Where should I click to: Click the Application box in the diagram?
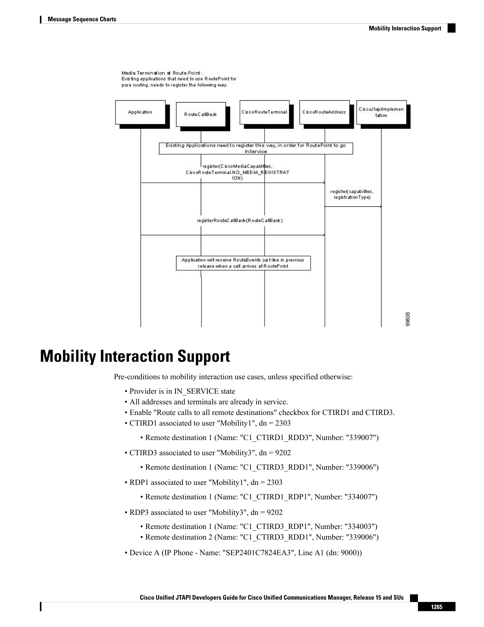point(140,112)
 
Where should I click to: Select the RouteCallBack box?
point(201,114)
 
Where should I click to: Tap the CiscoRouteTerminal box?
point(264,112)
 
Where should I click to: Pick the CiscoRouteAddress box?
point(324,112)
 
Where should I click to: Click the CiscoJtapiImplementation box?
point(382,112)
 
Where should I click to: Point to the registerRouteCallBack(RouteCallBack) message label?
point(240,220)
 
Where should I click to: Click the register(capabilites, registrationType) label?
point(352,194)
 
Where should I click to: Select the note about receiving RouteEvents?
point(243,263)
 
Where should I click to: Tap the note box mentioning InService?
point(256,148)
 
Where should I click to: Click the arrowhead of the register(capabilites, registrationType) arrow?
point(380,207)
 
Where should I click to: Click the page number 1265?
point(437,607)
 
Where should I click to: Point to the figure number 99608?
point(408,320)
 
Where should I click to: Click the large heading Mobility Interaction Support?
point(135,356)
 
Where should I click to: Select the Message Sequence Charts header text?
point(82,19)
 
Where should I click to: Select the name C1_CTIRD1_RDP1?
point(276,497)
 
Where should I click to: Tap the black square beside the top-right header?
point(451,28)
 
